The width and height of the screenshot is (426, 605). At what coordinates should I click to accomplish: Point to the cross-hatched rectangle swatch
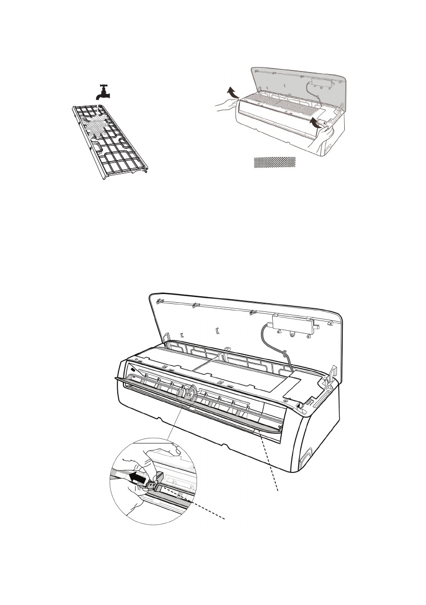[275, 162]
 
